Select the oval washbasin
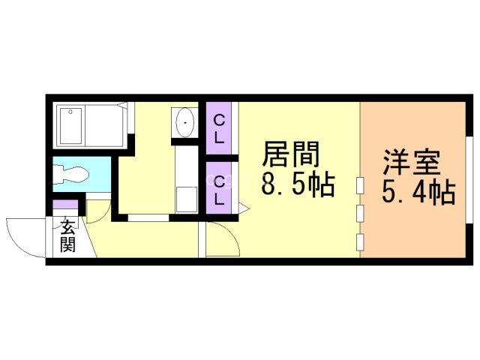(x=184, y=121)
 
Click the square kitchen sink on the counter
(x=185, y=199)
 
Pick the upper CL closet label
(x=219, y=129)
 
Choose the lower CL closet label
(x=219, y=190)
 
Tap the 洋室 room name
(x=412, y=163)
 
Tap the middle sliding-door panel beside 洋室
(x=361, y=214)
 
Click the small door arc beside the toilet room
(x=97, y=208)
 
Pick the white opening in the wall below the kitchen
(x=147, y=218)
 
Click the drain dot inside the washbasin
(x=184, y=119)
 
